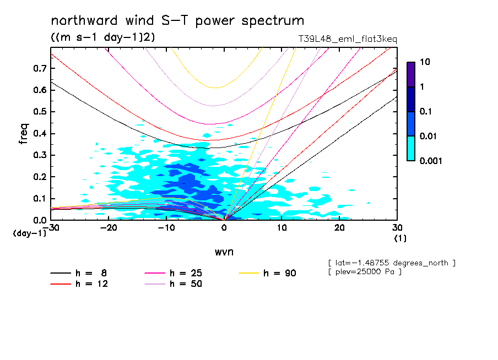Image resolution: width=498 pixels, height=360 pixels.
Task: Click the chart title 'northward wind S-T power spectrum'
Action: [x=177, y=21]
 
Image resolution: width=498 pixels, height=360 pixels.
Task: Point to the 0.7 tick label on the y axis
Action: [x=39, y=68]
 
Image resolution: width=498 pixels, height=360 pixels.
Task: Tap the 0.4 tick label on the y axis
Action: [x=39, y=133]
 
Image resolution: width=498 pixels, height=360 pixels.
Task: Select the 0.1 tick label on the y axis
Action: [x=39, y=198]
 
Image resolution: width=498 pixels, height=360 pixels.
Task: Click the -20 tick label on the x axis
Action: [x=107, y=227]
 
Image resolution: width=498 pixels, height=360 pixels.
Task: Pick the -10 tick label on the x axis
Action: [x=165, y=227]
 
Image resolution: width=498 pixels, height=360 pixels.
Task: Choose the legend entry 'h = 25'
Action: [x=186, y=273]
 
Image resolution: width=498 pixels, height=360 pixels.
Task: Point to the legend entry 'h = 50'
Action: [x=186, y=284]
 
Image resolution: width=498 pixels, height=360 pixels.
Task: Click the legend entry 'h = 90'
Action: [x=280, y=273]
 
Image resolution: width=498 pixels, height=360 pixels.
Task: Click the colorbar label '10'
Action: [x=424, y=62]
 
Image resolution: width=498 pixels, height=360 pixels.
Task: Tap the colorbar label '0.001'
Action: [x=431, y=161]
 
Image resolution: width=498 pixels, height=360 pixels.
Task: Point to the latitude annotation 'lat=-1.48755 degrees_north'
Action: [x=391, y=263]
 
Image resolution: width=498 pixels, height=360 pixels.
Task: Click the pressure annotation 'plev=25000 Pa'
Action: [x=365, y=272]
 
